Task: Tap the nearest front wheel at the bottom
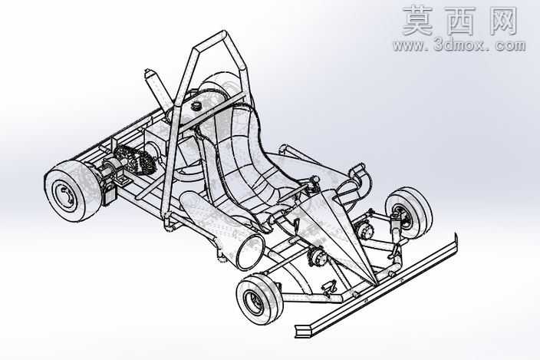coord(259,299)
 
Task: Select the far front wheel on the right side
coord(409,213)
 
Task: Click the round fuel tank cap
coord(197,105)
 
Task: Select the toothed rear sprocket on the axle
coord(135,162)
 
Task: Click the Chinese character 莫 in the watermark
coord(417,21)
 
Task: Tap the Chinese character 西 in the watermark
coord(459,21)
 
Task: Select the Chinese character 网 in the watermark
coord(502,21)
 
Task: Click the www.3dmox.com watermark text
coord(459,45)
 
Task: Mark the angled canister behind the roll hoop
coord(157,87)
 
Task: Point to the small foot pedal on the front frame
coord(330,288)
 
